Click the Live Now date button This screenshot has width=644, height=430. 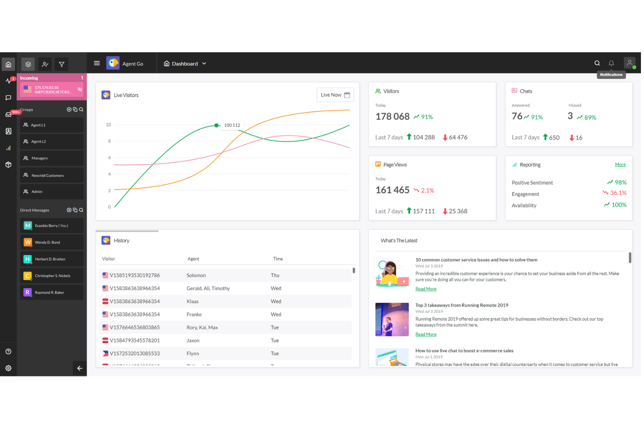[335, 95]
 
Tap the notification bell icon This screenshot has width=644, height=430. [611, 63]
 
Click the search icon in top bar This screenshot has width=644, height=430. [597, 63]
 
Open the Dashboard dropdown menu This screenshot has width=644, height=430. [185, 64]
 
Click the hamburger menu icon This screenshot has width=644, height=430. [97, 63]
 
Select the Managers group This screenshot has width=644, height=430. [51, 158]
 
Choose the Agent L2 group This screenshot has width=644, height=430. [51, 142]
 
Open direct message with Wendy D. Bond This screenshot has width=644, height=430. [51, 242]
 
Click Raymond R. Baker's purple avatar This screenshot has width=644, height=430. [27, 292]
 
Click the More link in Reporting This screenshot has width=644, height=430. [620, 165]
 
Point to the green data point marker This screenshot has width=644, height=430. [216, 125]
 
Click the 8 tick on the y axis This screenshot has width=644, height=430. [109, 141]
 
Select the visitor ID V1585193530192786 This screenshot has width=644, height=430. [134, 275]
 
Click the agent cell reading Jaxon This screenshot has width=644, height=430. [193, 341]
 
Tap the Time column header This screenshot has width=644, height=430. [278, 259]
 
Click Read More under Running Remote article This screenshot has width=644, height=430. [426, 335]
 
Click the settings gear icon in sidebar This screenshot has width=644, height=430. [8, 368]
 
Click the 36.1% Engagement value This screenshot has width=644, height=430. [618, 193]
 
